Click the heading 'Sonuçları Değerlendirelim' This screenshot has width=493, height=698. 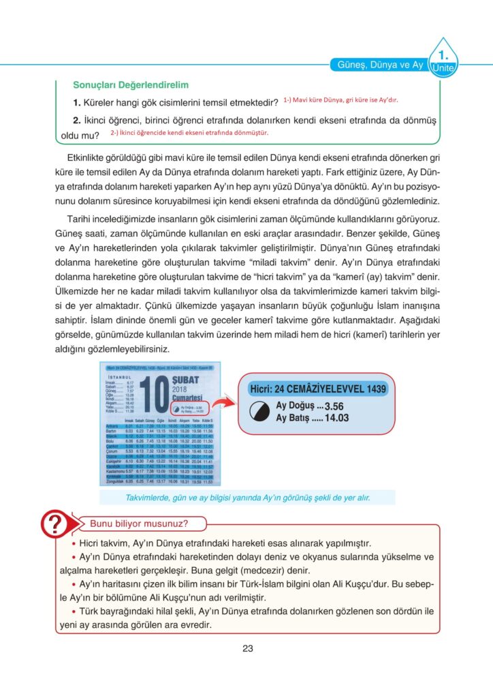point(131,86)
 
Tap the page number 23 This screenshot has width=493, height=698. point(247,648)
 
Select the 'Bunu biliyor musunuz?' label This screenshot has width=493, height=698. point(139,523)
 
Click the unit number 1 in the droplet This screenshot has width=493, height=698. point(443,53)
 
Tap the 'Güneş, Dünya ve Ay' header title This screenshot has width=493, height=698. point(381,65)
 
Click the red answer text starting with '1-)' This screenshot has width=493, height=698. point(340,100)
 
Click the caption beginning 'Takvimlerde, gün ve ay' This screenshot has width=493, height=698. point(247,498)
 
